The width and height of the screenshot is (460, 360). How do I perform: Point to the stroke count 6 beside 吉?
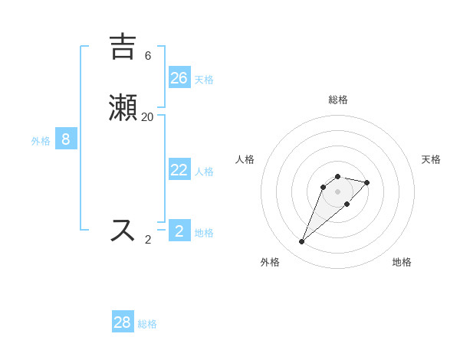148,56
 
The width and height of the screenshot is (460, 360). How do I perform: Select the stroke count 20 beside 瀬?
148,117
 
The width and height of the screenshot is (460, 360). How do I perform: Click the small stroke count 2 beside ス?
148,240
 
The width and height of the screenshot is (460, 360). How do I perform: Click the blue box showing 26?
179,77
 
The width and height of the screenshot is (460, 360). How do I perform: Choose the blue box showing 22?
179,169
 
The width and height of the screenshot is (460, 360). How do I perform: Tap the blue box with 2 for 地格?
179,231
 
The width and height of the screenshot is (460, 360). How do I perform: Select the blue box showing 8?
66,139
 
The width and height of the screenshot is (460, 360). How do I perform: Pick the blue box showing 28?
123,322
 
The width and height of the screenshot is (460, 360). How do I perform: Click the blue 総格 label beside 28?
147,324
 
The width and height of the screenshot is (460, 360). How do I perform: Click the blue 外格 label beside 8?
41,141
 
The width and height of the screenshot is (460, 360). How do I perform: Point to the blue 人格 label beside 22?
204,172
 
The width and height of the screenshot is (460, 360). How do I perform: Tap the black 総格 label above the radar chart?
338,100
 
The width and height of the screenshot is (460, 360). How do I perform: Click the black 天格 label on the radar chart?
432,159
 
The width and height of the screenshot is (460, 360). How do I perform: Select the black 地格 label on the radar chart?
402,262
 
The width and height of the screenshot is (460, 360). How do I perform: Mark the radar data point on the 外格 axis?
302,242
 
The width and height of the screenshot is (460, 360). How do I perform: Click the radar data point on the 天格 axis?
367,182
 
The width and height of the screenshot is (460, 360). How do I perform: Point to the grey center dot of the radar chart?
338,191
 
